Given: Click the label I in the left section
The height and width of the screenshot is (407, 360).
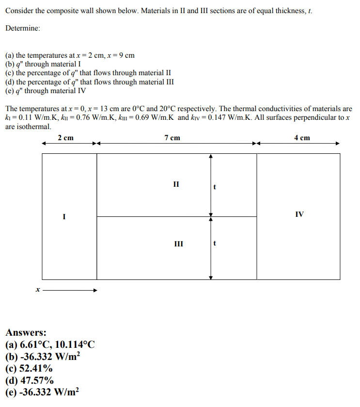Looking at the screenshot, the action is click(x=63, y=216).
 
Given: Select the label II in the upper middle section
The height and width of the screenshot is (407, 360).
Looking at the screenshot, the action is click(x=176, y=184).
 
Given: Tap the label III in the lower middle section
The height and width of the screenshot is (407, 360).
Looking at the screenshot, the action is click(x=178, y=244).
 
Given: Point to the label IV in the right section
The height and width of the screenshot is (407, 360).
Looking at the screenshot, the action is click(x=299, y=214).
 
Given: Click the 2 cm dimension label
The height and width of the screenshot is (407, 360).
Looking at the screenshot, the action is click(x=65, y=138).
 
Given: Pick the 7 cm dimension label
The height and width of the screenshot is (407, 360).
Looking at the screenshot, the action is click(x=172, y=138).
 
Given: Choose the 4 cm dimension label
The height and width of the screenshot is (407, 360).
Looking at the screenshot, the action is click(x=302, y=138).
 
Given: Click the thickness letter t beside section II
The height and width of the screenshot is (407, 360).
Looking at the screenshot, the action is click(x=215, y=186).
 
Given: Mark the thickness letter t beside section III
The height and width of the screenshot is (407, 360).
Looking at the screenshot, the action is click(x=215, y=244).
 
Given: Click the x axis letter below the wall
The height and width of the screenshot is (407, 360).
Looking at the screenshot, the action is click(x=37, y=290).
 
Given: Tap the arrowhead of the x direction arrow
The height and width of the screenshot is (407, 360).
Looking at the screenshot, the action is click(x=95, y=291).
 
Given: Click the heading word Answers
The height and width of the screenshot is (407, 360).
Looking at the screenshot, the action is click(x=26, y=333).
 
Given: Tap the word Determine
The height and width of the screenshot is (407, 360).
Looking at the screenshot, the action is click(x=23, y=28).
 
